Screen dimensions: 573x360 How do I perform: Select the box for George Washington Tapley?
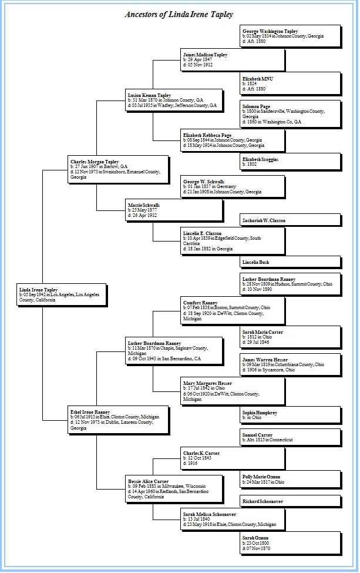(x=291, y=36)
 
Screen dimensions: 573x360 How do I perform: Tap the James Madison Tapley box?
(x=233, y=61)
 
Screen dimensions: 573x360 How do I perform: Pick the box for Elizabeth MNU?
(x=291, y=83)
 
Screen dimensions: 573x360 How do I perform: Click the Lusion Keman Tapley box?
(x=174, y=100)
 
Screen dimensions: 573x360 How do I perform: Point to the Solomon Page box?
(x=291, y=114)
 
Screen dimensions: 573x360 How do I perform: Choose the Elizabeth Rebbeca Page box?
(x=233, y=140)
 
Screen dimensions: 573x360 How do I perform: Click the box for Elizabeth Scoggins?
(x=291, y=161)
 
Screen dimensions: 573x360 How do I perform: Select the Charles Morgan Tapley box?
(x=117, y=168)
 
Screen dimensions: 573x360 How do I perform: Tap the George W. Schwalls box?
(x=233, y=186)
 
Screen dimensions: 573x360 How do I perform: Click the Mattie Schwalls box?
(x=174, y=210)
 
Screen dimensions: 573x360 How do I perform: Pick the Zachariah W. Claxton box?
(x=291, y=220)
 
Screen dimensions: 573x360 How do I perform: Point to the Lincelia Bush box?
(x=291, y=262)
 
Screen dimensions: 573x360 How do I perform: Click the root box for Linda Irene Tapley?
(x=61, y=294)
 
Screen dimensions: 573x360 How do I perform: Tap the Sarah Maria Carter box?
(x=291, y=337)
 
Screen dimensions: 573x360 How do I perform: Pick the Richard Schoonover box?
(x=291, y=501)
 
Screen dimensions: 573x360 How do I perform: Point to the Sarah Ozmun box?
(x=291, y=542)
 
